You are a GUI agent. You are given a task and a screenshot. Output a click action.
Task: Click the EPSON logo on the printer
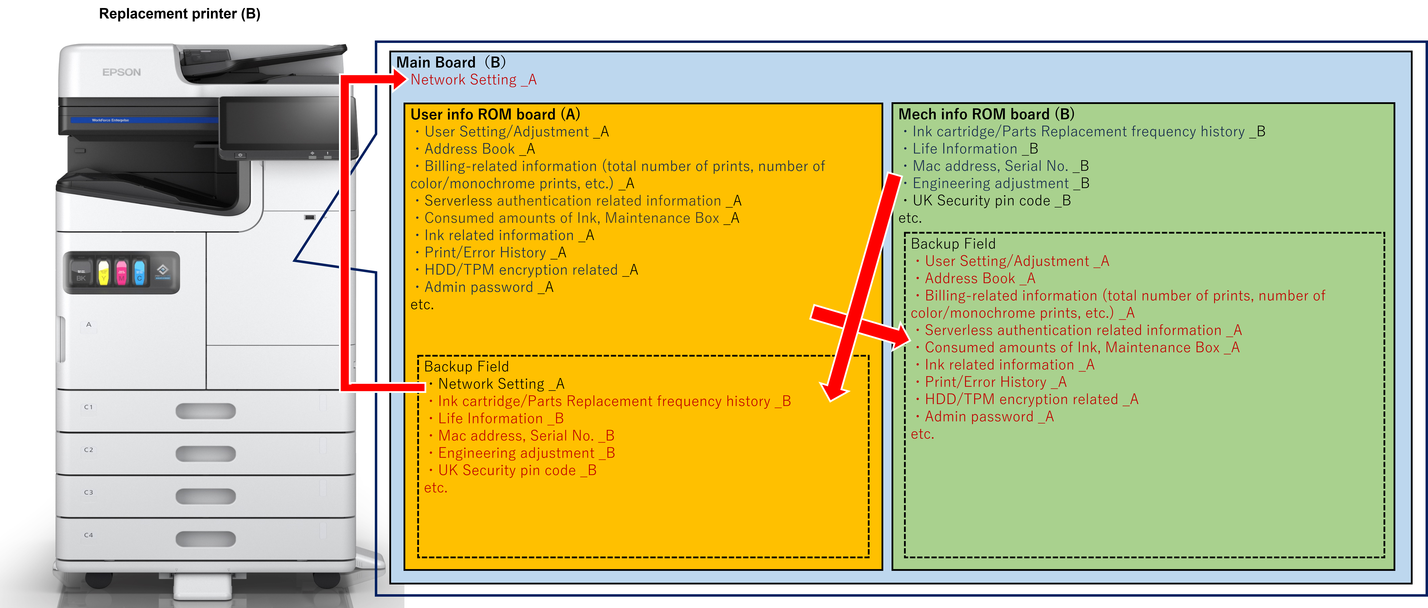pos(121,72)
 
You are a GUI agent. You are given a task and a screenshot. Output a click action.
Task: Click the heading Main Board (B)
pos(450,62)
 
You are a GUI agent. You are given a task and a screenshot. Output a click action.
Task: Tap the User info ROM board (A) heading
pos(495,114)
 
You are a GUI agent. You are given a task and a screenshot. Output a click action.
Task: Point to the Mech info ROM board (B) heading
pos(986,114)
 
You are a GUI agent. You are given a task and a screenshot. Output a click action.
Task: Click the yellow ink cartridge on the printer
pos(103,272)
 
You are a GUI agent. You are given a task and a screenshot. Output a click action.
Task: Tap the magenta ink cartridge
pos(121,272)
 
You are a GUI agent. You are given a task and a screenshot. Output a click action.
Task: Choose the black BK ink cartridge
pos(81,272)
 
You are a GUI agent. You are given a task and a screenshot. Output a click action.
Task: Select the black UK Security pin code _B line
pos(991,201)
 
